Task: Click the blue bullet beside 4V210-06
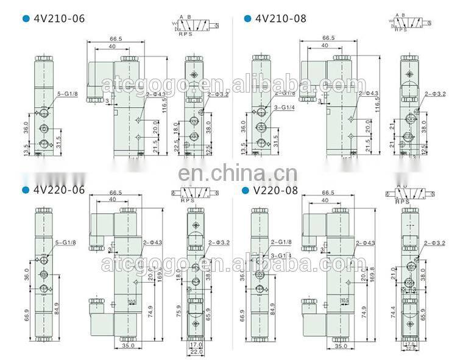tap(25, 19)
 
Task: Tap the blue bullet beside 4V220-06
tap(25, 189)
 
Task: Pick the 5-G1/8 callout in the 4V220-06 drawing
tap(66, 244)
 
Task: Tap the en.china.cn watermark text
tap(237, 173)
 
